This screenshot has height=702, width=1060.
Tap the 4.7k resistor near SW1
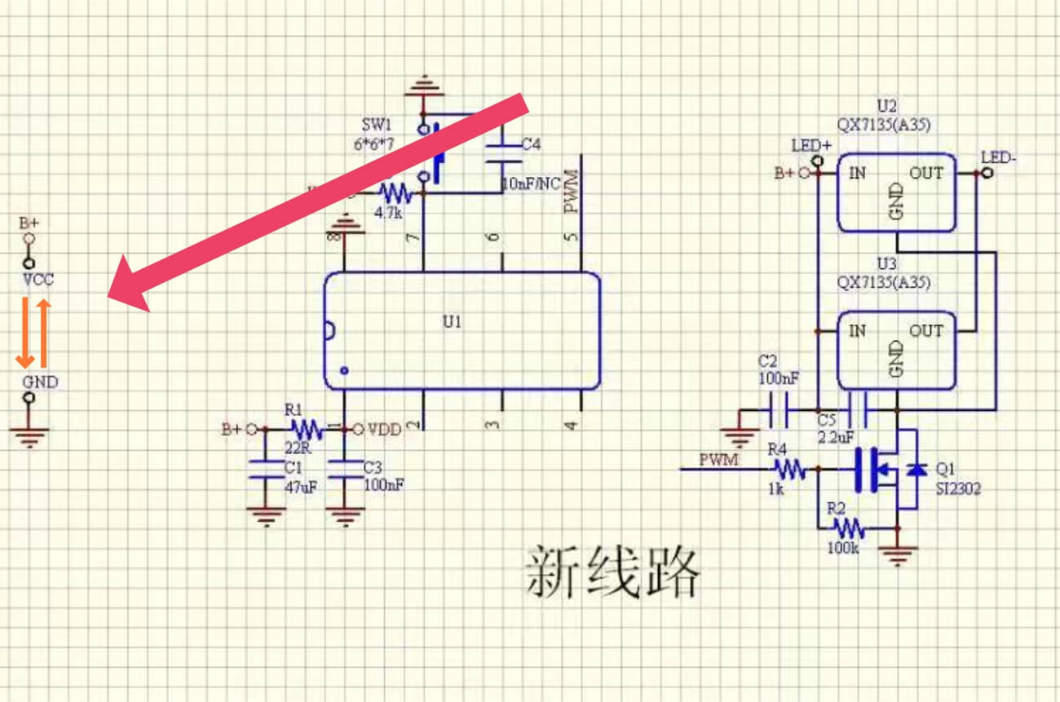[396, 193]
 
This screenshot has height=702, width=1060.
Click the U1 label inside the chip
[453, 321]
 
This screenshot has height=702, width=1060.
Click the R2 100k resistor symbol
[848, 528]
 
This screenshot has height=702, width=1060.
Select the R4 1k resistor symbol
[788, 468]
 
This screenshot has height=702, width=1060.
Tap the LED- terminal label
[998, 157]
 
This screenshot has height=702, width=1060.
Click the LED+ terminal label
[811, 146]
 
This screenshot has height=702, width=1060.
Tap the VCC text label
[38, 279]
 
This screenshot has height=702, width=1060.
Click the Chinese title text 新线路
[612, 572]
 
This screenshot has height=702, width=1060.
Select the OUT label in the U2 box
[926, 173]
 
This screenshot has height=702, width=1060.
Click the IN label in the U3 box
[857, 331]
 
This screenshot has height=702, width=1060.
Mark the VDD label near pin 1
[384, 429]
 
